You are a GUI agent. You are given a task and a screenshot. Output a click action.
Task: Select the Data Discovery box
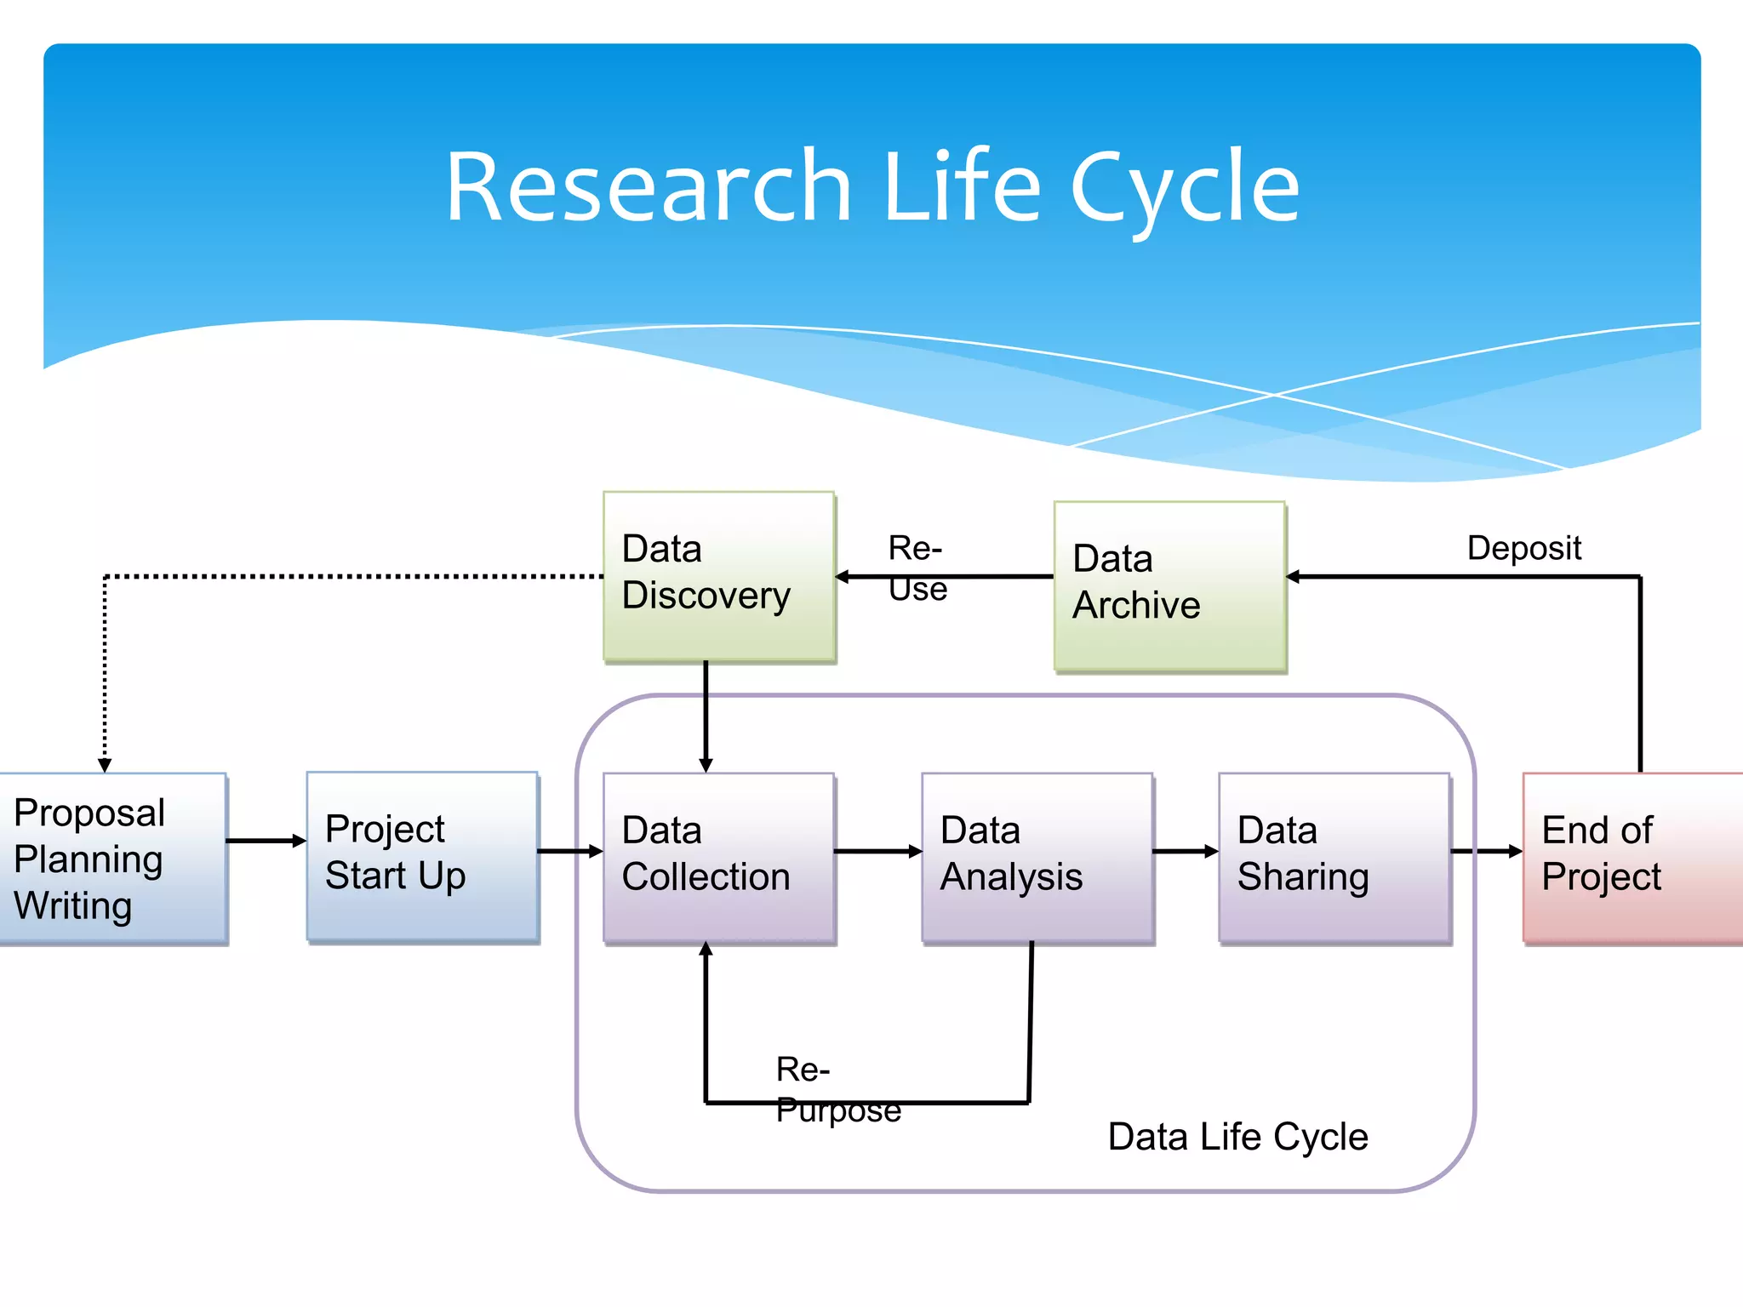click(x=719, y=575)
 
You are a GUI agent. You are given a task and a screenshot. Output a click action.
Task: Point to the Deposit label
click(x=1523, y=548)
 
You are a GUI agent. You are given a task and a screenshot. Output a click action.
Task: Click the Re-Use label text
click(x=917, y=568)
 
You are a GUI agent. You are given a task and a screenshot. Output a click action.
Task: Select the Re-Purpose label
click(x=837, y=1089)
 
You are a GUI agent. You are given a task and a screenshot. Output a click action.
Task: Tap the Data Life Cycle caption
click(x=1237, y=1137)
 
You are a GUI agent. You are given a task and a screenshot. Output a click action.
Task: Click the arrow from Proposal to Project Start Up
click(x=266, y=841)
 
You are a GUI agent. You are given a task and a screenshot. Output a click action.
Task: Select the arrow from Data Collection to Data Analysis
click(x=877, y=851)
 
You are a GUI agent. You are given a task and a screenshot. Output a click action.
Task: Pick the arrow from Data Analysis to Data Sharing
click(x=1185, y=851)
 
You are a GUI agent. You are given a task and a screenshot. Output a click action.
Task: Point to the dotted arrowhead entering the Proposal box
click(x=105, y=765)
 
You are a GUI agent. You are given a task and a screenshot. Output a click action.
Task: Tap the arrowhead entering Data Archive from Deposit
click(x=1294, y=577)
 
